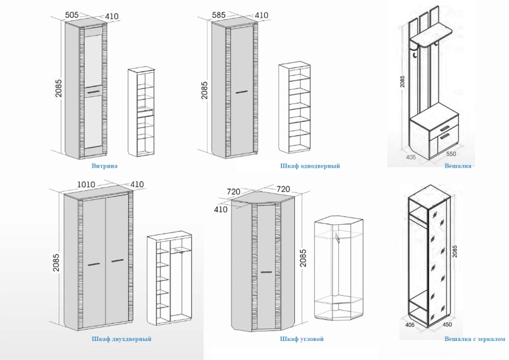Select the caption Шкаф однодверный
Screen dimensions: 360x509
click(x=310, y=166)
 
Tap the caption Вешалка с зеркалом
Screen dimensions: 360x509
click(x=474, y=339)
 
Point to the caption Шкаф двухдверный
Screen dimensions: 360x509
click(x=121, y=339)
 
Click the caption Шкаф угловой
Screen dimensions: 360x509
click(x=302, y=339)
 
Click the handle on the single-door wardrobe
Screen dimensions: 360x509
click(x=242, y=91)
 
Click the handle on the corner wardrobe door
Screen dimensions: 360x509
click(x=267, y=272)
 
